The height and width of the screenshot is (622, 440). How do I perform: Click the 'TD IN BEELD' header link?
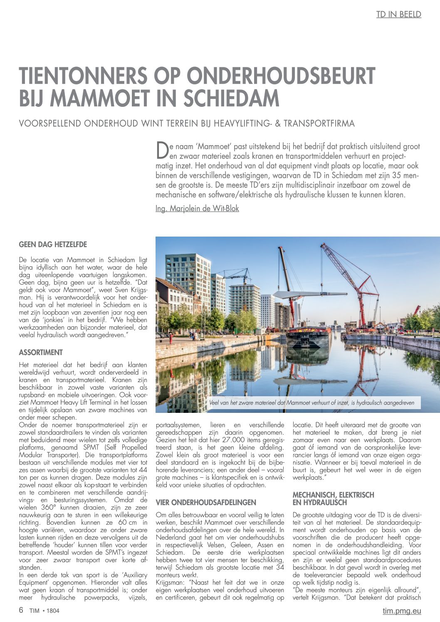tap(398, 15)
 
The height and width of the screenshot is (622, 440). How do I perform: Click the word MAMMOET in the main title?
tap(102, 98)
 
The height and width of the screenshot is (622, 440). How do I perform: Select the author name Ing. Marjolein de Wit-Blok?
tap(197, 208)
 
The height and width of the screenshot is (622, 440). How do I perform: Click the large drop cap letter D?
tap(161, 151)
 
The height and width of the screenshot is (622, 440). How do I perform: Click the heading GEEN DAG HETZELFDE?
tap(53, 244)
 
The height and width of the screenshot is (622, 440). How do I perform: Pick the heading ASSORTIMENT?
tap(41, 353)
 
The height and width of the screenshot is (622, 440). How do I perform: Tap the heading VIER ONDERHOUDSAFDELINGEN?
tap(206, 502)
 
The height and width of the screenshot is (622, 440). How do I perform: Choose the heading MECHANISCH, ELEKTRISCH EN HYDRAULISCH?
tap(333, 499)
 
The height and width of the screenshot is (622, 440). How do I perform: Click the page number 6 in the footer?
tap(21, 610)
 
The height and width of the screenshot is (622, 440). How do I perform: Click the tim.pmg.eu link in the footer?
tap(402, 611)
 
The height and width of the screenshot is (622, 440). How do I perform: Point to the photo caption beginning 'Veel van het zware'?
tap(311, 402)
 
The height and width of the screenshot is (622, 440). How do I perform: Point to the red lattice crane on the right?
tap(353, 283)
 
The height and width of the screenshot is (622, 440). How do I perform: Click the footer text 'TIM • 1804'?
tap(44, 611)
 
